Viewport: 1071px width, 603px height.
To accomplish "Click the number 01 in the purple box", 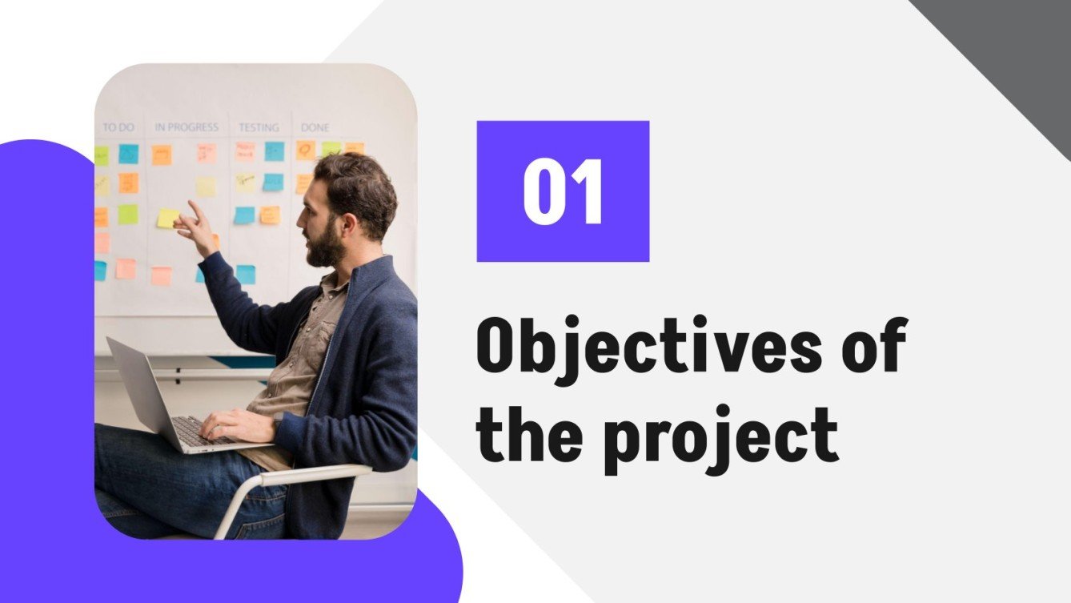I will point(562,192).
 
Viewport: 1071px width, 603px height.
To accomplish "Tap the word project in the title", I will point(720,437).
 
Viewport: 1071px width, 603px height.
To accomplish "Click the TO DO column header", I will point(118,127).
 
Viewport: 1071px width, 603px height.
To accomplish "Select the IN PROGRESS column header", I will point(187,127).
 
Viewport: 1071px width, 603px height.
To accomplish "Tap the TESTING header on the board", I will point(259,127).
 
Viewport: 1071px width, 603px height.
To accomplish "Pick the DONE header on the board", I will point(315,127).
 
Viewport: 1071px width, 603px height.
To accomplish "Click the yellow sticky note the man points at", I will point(168,218).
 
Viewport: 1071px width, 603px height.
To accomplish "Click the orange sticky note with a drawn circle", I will point(305,149).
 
